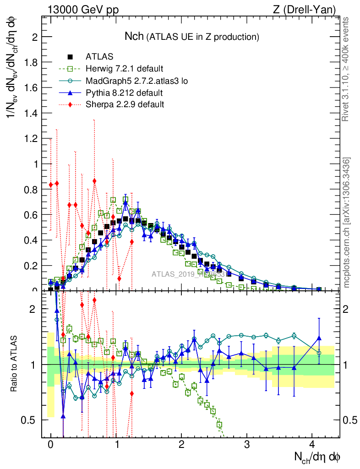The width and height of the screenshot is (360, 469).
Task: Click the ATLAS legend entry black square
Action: pos(70,57)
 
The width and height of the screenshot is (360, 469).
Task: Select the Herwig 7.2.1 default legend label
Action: pos(124,69)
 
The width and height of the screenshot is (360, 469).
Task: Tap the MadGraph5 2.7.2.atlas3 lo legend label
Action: pos(137,81)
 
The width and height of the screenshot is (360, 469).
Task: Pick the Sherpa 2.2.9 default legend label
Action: pos(125,104)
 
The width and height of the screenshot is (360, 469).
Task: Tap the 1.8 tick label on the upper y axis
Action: pos(32,62)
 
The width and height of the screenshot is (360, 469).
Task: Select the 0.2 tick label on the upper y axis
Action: pos(32,266)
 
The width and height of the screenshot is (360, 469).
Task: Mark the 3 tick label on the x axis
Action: pos(247,445)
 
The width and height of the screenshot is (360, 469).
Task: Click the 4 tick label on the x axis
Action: pos(312,445)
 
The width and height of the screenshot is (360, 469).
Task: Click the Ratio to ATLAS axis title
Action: pos(14,364)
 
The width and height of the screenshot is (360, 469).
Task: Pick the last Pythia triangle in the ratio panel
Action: pos(319,338)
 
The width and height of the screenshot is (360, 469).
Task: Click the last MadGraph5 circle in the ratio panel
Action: pos(319,353)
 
